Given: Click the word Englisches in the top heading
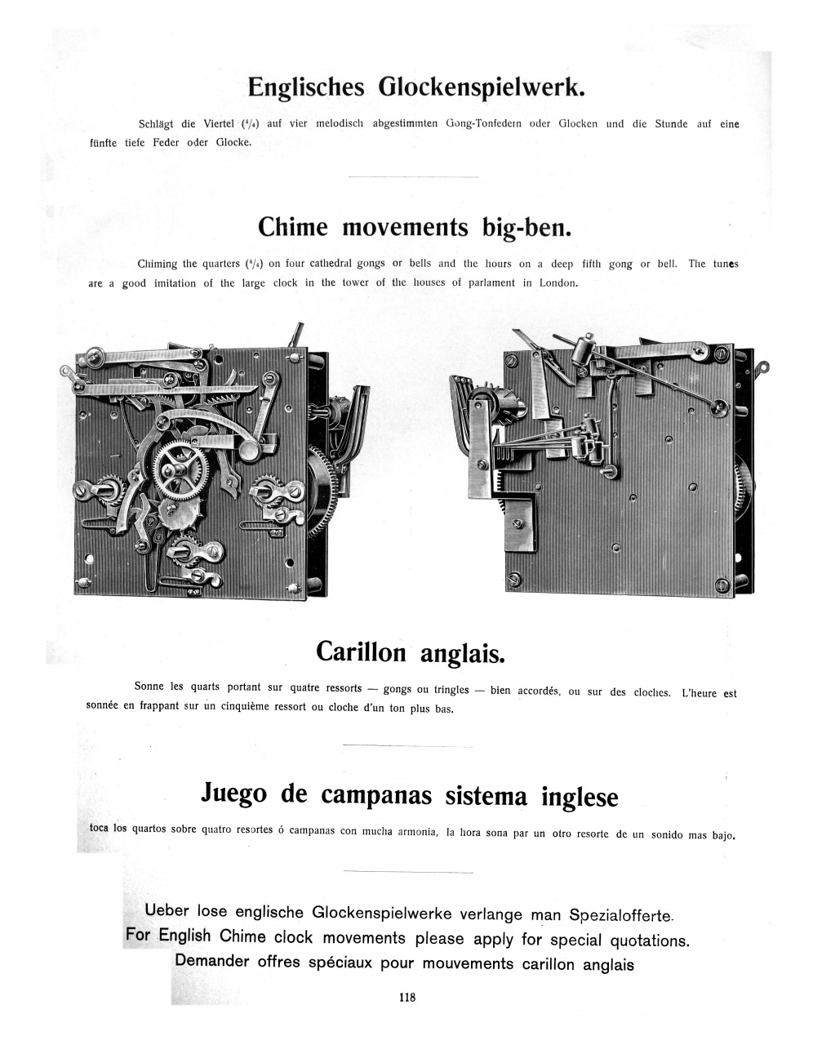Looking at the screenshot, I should coord(305,87).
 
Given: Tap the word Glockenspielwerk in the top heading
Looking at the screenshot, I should coord(482,87).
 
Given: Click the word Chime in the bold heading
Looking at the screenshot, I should coord(293,226).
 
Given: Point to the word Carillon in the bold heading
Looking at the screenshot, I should coord(361,651).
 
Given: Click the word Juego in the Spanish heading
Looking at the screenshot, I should coord(235,794).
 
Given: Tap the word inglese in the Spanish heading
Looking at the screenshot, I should coord(580,796).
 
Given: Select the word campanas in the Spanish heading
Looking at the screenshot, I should coord(375,794).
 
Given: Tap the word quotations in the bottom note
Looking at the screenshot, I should coord(645,940).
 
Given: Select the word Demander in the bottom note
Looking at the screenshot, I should coord(212,961).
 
